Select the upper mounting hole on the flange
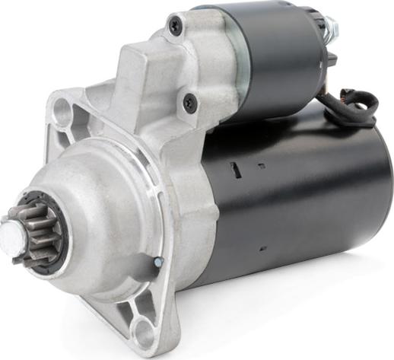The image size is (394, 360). (63, 113)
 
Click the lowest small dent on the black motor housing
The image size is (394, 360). (260, 249)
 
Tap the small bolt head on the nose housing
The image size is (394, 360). (157, 262)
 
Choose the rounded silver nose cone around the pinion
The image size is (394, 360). (99, 228)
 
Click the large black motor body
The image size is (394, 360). (304, 198)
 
